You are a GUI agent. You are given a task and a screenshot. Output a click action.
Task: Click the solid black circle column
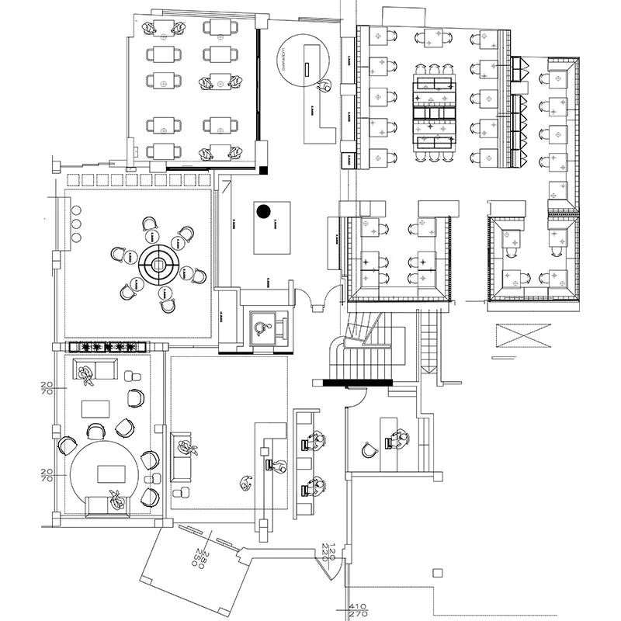click(263, 210)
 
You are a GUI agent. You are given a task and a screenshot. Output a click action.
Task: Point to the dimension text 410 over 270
click(357, 611)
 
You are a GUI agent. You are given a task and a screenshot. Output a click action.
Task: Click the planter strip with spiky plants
click(108, 346)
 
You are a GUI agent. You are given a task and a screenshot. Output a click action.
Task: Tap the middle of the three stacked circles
click(77, 224)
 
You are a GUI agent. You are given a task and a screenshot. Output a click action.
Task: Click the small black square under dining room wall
click(265, 168)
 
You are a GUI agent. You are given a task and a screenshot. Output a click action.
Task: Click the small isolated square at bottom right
click(437, 574)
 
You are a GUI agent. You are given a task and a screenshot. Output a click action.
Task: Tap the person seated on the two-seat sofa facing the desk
click(186, 448)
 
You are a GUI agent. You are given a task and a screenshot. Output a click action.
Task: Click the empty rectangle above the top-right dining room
click(404, 15)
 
